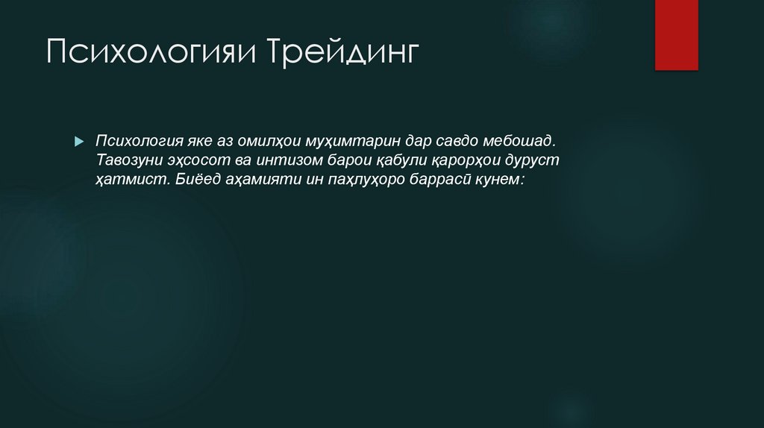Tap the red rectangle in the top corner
tap(676, 34)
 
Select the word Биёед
tap(196, 180)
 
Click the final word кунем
tap(504, 180)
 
